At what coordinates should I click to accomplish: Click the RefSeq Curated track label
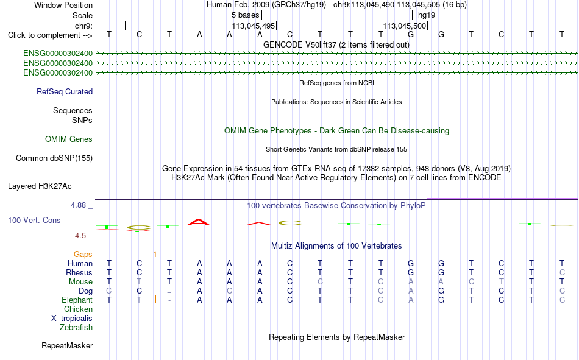click(65, 91)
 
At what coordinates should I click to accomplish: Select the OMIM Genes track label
click(69, 139)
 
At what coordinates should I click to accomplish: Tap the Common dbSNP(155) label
click(54, 158)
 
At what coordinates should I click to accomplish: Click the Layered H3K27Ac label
click(40, 186)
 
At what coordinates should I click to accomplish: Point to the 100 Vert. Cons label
click(34, 221)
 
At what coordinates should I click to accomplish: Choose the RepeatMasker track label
click(67, 346)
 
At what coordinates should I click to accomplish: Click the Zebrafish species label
click(76, 328)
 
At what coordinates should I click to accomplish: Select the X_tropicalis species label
click(72, 319)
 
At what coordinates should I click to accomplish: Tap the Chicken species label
click(78, 309)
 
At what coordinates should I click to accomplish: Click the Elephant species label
click(77, 300)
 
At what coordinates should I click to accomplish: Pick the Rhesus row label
click(79, 272)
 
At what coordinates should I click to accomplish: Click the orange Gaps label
click(83, 255)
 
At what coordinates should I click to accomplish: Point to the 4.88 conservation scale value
click(78, 205)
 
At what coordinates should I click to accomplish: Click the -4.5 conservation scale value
click(79, 236)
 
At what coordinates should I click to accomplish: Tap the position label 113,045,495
click(254, 26)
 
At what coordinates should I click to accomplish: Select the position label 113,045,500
click(404, 26)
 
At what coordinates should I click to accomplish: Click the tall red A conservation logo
click(199, 222)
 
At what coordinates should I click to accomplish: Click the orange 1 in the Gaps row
click(155, 255)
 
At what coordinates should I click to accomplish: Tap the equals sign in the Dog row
click(169, 291)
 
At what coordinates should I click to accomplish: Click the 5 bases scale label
click(245, 15)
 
